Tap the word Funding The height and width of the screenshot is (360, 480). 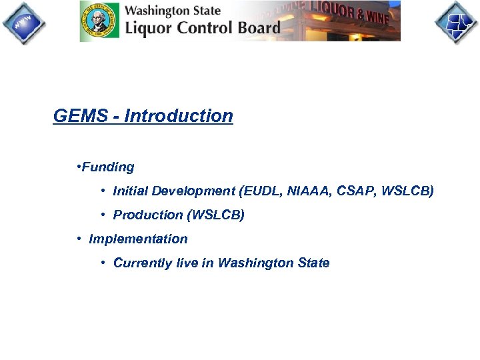tap(108, 167)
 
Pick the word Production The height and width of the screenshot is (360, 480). tap(148, 215)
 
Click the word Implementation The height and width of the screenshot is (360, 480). tap(138, 239)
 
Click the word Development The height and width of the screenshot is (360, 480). tap(193, 191)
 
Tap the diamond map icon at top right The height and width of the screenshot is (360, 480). tap(457, 23)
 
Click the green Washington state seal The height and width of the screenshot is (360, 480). tap(100, 21)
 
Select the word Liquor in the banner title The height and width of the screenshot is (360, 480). tap(149, 28)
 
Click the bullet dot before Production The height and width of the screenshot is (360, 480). tap(104, 215)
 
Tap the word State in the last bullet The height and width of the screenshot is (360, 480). tap(314, 263)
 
